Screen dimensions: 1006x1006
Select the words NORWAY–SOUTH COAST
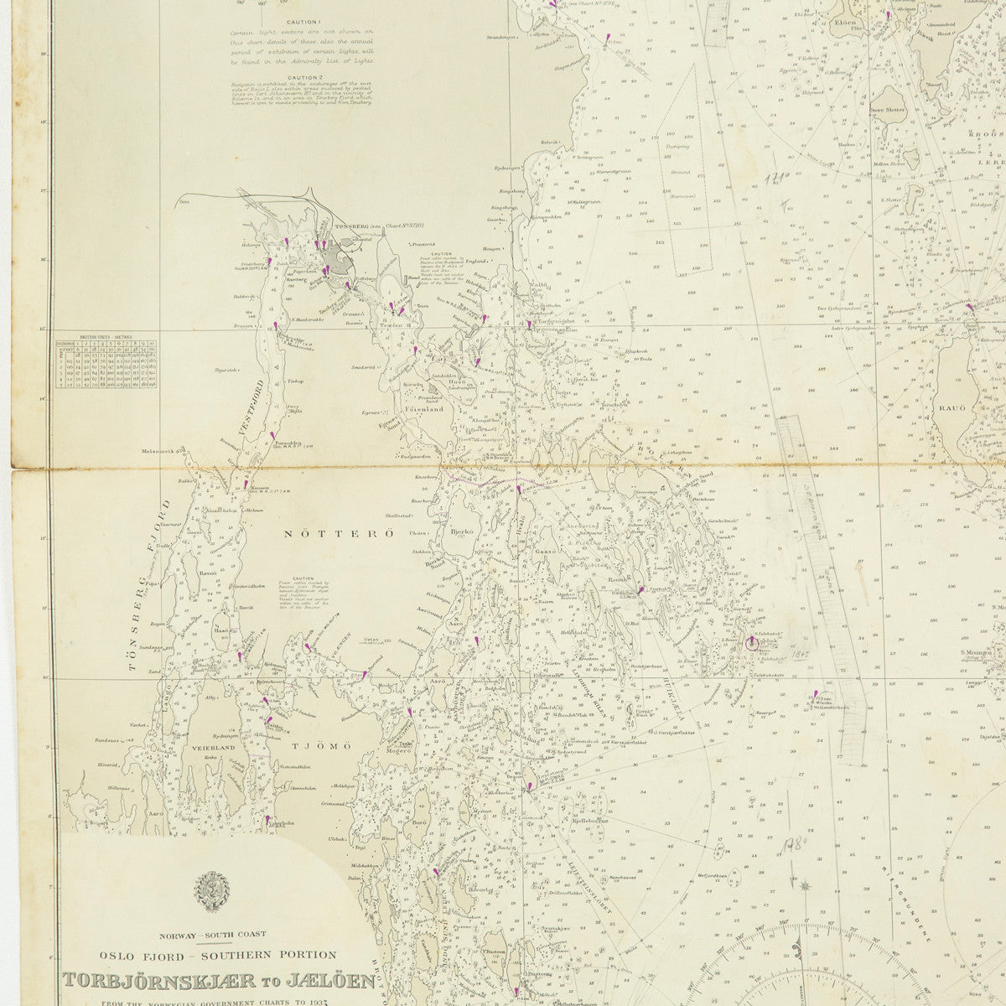click(x=206, y=934)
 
